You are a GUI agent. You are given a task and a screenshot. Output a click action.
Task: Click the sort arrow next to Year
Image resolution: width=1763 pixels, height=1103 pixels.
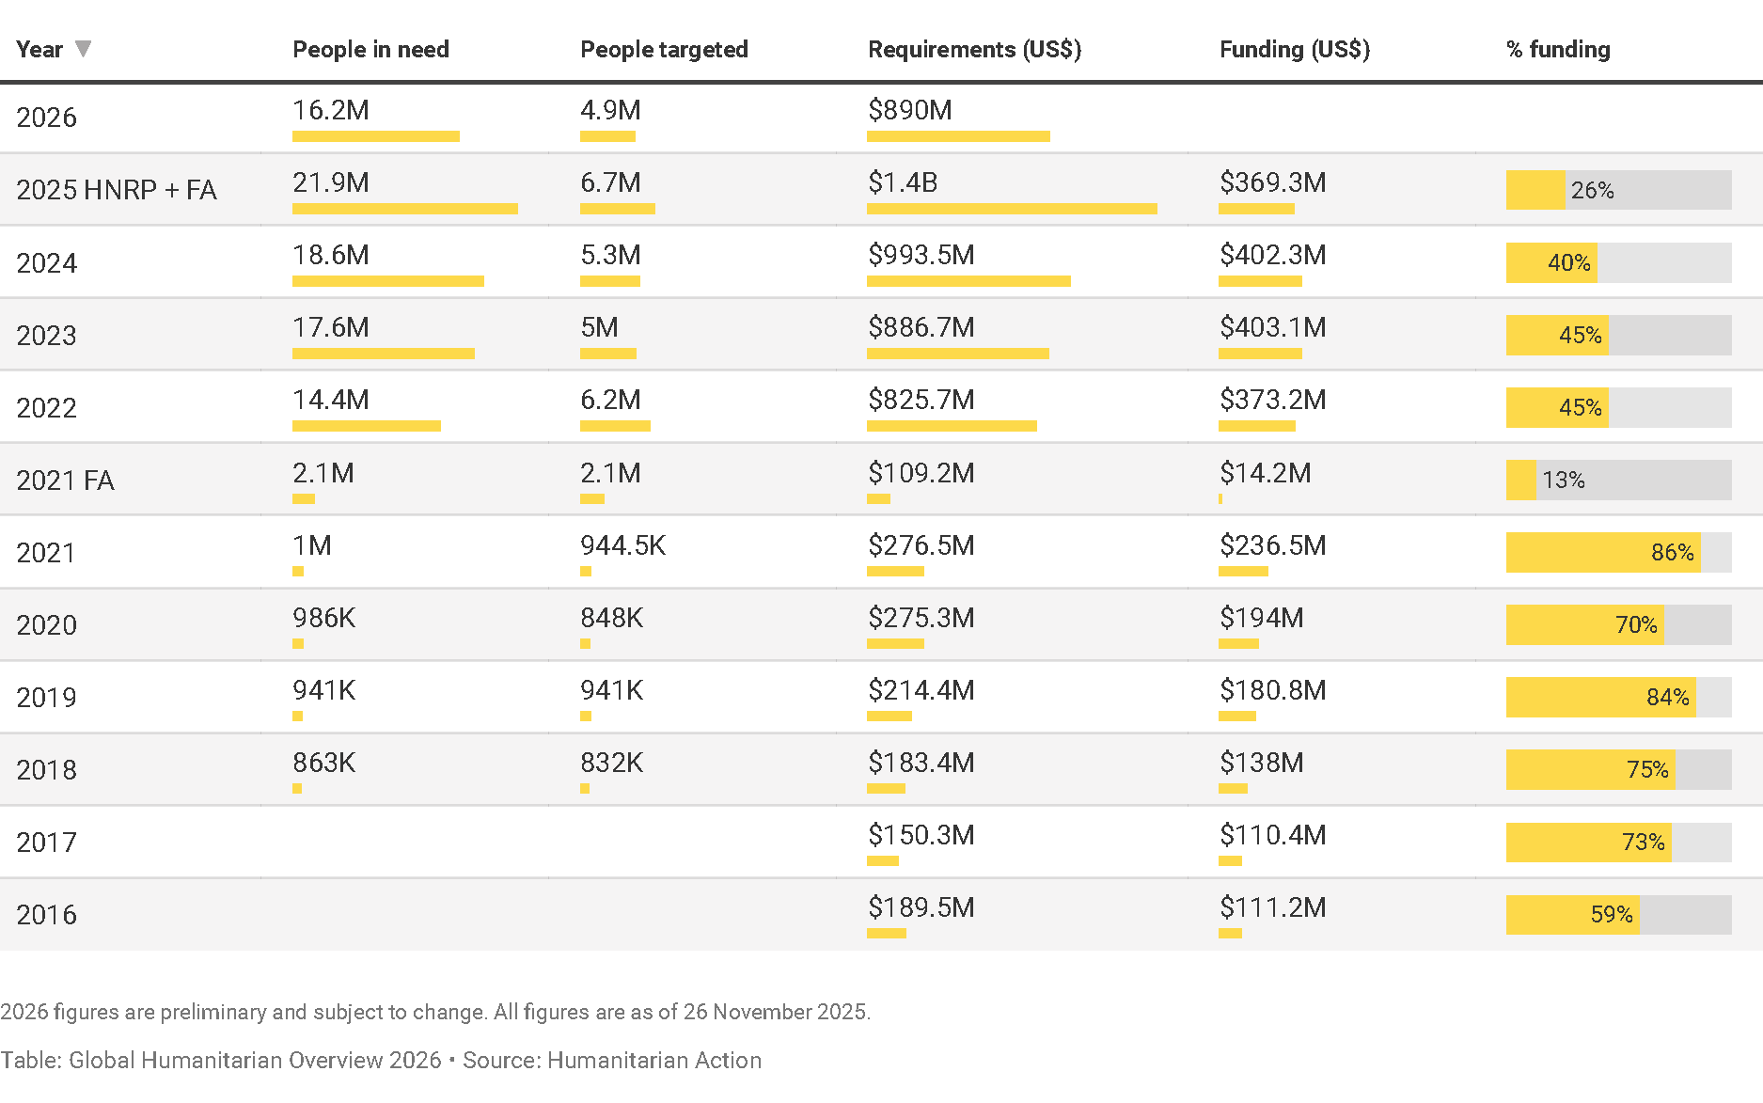(83, 48)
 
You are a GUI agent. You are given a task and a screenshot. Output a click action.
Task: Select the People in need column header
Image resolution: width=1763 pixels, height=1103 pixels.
(370, 50)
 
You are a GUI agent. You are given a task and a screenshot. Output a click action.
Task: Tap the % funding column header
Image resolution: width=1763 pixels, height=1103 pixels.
(1557, 50)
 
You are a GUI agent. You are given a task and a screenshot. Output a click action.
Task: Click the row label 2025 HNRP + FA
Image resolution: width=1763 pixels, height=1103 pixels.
(117, 190)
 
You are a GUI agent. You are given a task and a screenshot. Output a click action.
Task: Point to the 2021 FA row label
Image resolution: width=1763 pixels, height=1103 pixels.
(65, 481)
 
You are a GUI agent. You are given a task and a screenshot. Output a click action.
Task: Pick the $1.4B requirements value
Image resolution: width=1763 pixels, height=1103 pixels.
(902, 182)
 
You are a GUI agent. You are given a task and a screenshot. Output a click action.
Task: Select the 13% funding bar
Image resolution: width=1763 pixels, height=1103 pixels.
(1617, 481)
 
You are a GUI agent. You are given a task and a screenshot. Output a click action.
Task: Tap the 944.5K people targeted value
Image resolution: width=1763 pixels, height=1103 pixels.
(622, 545)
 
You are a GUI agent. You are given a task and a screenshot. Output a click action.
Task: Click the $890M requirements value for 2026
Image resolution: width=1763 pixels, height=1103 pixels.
(909, 110)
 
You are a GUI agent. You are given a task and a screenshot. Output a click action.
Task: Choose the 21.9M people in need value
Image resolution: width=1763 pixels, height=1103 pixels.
(330, 182)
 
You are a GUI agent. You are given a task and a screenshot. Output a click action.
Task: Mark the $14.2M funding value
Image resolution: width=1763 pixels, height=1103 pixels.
(1265, 473)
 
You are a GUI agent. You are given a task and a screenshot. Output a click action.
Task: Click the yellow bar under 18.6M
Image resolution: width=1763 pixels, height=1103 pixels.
(387, 281)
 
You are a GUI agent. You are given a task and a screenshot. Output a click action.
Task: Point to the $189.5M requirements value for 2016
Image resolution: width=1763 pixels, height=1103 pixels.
(921, 907)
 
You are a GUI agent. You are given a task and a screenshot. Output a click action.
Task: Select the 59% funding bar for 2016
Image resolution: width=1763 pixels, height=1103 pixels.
(1617, 915)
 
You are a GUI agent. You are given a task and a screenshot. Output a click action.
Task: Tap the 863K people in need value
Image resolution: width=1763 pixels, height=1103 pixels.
(323, 763)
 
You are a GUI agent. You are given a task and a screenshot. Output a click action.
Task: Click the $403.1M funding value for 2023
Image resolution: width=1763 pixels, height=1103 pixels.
(1272, 327)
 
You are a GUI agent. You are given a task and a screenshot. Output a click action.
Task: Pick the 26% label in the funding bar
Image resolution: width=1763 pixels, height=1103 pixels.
(1592, 191)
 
